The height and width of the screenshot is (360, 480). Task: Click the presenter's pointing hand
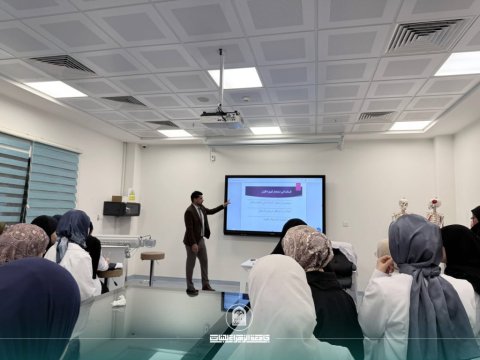click(x=226, y=203)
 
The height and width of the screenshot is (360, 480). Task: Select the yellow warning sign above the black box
click(x=131, y=195)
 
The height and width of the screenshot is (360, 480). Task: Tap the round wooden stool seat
click(x=152, y=256)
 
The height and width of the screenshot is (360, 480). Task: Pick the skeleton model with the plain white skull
click(x=400, y=210)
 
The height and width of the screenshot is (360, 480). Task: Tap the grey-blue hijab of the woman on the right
click(x=416, y=260)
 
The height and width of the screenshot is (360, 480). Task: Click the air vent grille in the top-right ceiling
click(x=424, y=35)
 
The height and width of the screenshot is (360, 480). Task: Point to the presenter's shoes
click(x=199, y=289)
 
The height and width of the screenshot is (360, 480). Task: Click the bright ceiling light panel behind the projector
click(x=235, y=77)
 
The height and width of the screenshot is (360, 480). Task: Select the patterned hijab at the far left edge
click(x=20, y=243)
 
